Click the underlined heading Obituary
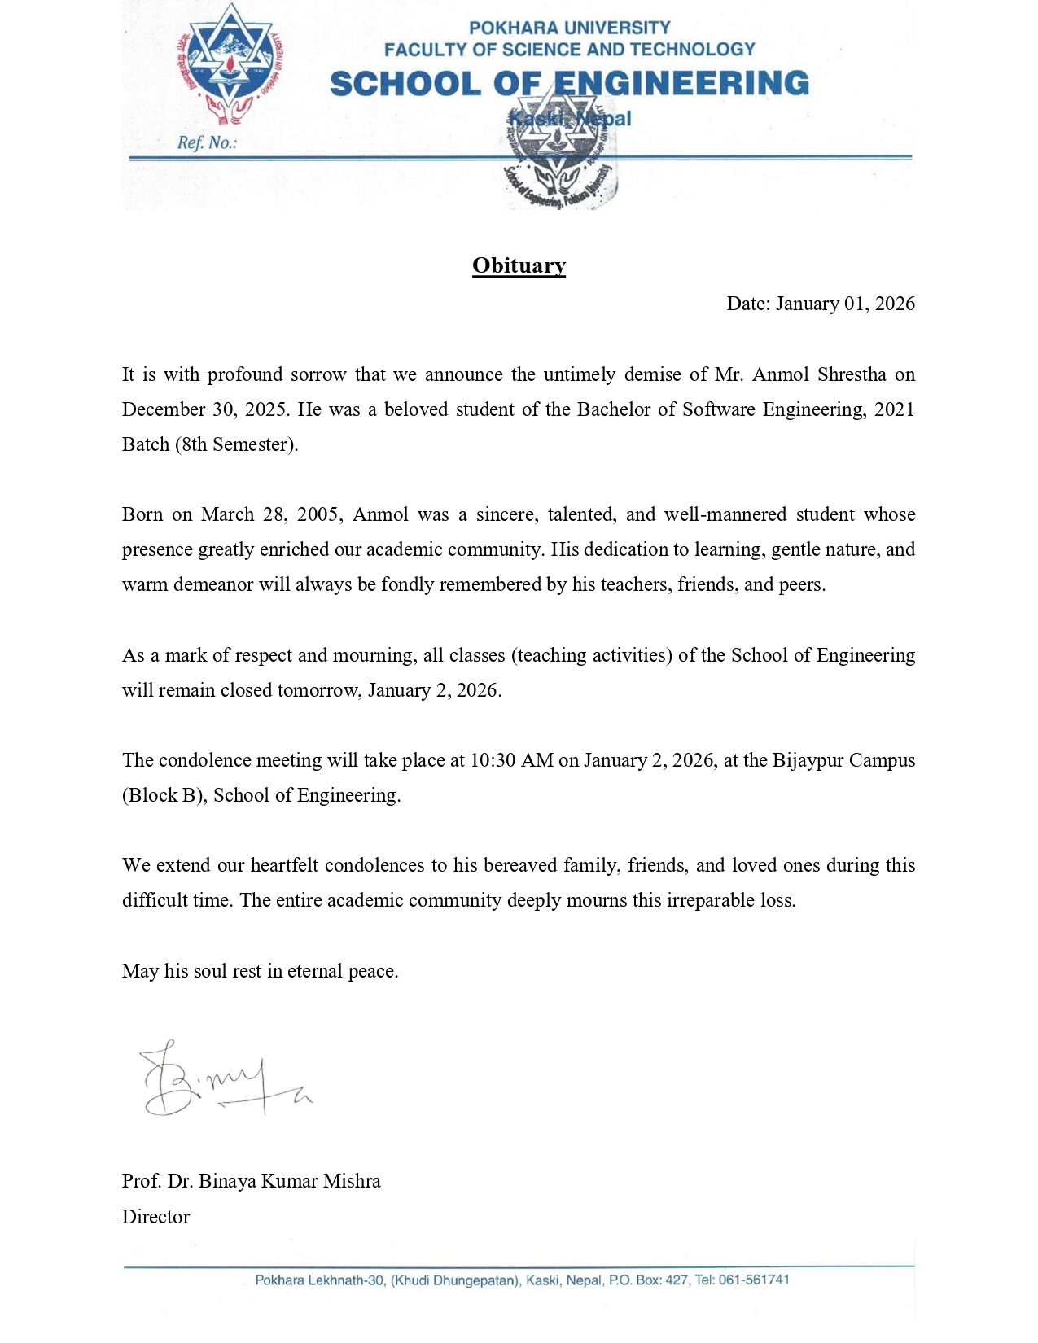519,266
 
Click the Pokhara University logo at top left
229,65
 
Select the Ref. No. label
207,143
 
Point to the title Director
155,1217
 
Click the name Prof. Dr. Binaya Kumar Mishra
251,1181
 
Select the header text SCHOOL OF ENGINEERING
569,84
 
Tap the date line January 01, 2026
821,304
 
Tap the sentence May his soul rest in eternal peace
260,971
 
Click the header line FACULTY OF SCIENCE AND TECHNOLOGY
569,50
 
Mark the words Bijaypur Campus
843,760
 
